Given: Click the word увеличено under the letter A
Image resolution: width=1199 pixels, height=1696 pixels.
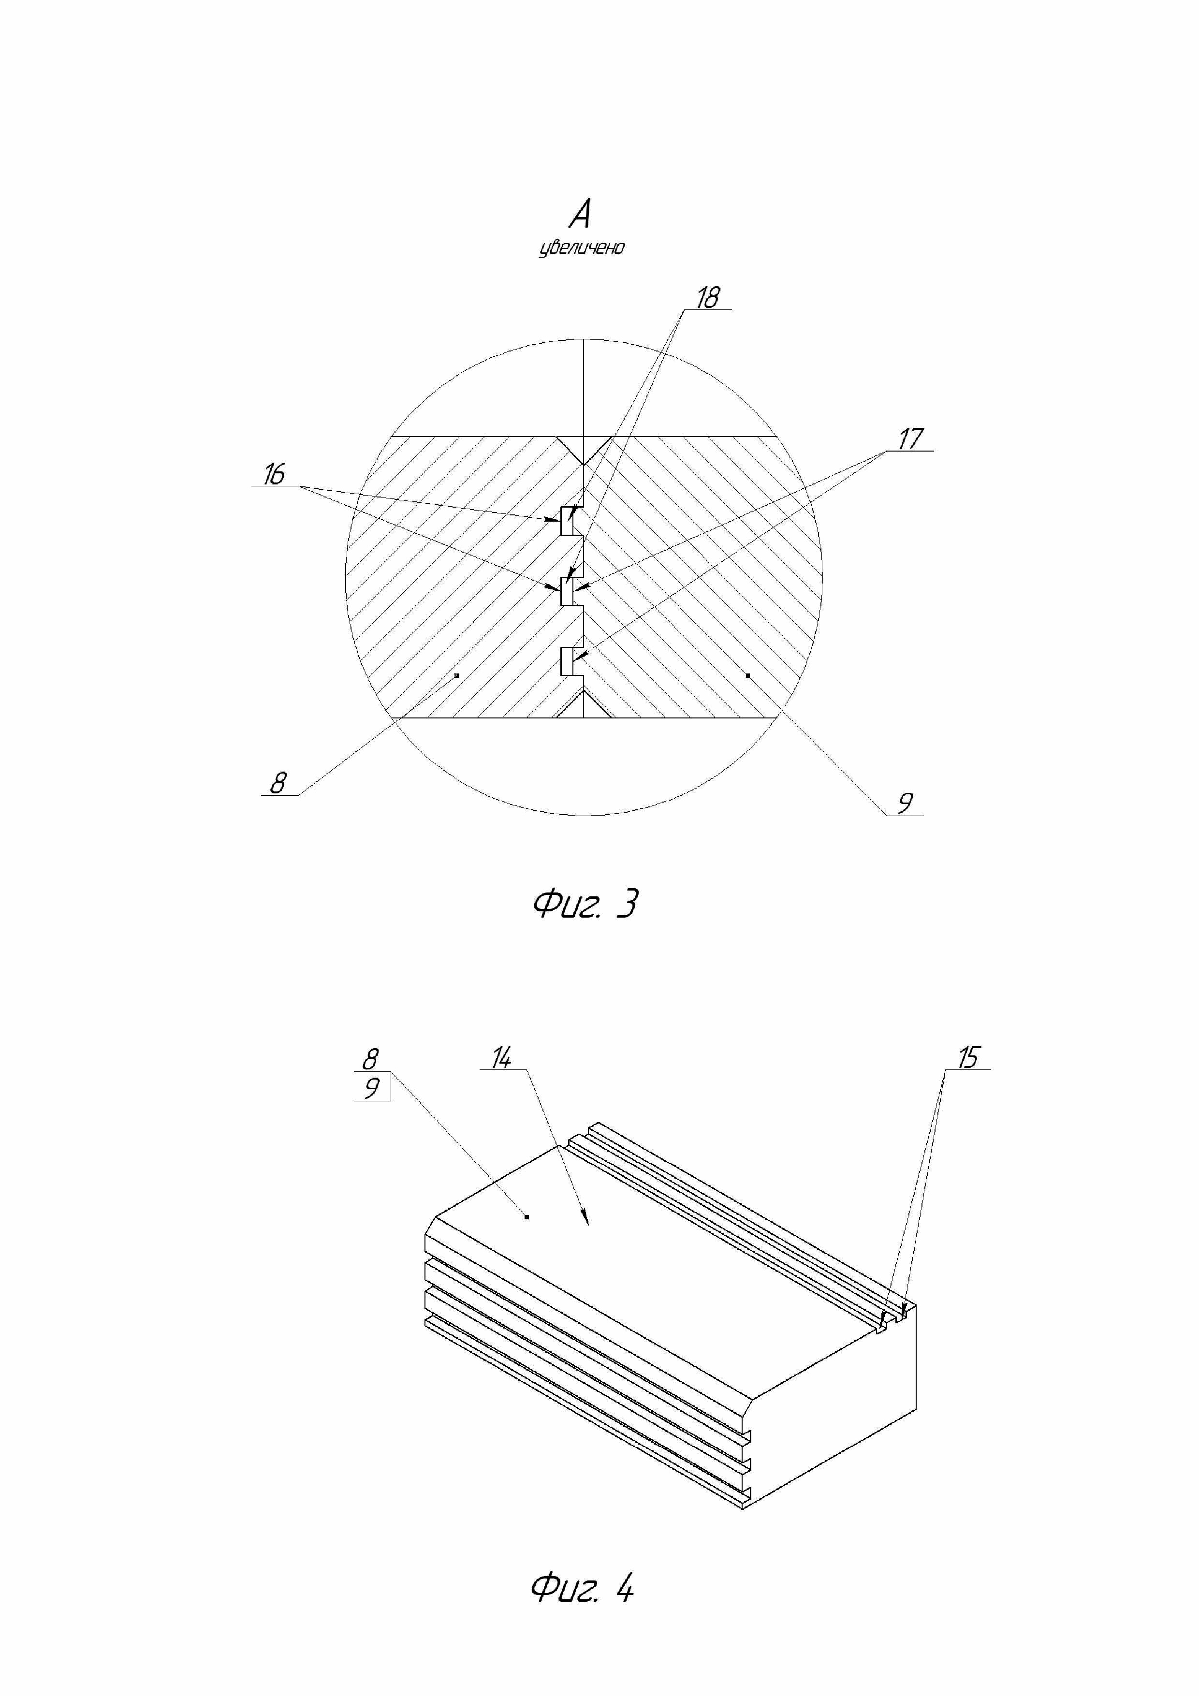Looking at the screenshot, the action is coord(582,248).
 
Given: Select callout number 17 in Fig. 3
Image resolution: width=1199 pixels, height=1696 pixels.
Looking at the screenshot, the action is coord(910,439).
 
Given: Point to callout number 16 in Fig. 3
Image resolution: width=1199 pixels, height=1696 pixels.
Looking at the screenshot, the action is coord(274,474).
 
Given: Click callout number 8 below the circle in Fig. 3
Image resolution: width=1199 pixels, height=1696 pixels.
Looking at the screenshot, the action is coord(278,782).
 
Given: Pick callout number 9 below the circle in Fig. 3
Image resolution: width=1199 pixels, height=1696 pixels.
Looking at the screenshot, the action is coord(905,802).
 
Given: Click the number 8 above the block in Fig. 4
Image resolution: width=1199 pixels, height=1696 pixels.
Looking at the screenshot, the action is coord(370,1059).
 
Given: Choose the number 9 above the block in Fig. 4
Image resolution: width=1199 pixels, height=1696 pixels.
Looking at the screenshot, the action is coord(372,1087).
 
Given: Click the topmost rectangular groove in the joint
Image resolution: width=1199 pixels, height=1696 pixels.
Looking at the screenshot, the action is coord(568,521).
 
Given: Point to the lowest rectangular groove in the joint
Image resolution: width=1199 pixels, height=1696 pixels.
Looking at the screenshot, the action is coord(568,660).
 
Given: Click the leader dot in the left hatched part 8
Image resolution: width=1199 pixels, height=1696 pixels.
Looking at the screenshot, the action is coord(456,675).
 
